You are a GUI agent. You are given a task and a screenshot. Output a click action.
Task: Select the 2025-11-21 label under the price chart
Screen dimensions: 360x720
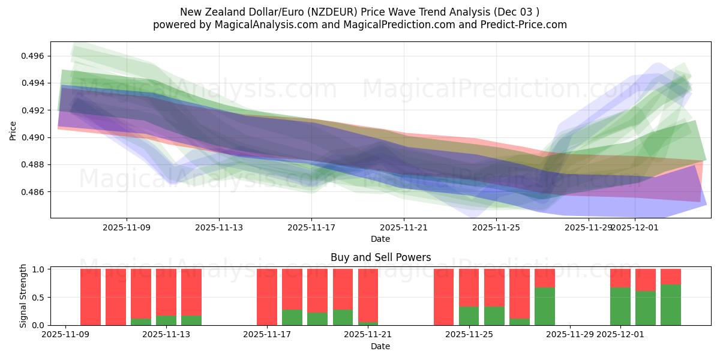pyautogui.click(x=404, y=227)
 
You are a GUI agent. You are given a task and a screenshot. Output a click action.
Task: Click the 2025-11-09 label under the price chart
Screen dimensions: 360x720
pyautogui.click(x=127, y=227)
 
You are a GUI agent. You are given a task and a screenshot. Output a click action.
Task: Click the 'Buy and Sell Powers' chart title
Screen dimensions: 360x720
pyautogui.click(x=380, y=257)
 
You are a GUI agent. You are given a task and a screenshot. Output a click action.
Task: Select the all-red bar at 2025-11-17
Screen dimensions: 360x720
pyautogui.click(x=267, y=297)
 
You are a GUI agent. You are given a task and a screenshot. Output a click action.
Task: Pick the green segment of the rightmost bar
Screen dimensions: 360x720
pyautogui.click(x=671, y=305)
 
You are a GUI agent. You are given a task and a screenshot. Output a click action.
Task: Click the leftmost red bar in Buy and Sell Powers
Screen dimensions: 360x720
pyautogui.click(x=91, y=297)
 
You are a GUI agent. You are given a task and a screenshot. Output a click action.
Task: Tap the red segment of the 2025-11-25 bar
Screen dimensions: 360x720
pyautogui.click(x=469, y=287)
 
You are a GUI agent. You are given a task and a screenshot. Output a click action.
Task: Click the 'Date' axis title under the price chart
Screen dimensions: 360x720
pyautogui.click(x=380, y=239)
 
